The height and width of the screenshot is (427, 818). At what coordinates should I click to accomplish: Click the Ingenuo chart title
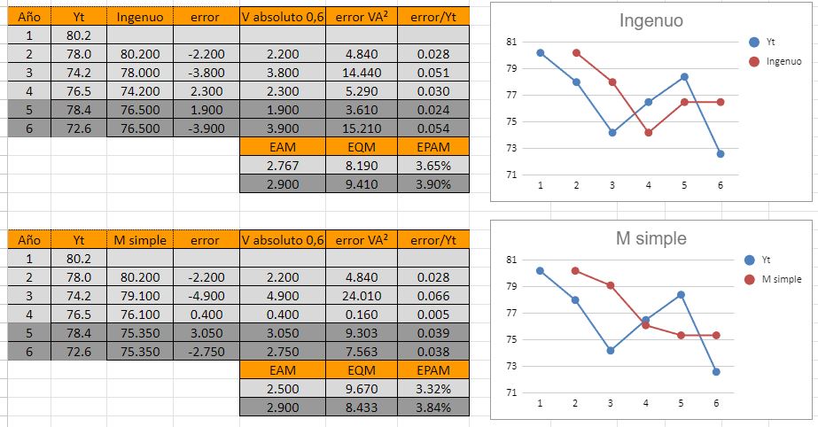[x=651, y=21]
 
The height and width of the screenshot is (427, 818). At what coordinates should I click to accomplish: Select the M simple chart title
[x=651, y=238]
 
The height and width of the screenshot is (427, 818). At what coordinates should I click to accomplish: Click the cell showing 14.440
[x=361, y=73]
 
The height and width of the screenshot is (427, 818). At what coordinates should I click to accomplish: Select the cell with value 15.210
[x=361, y=128]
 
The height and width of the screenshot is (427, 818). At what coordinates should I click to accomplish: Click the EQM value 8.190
[x=361, y=166]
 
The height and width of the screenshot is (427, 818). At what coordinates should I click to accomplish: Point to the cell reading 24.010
[x=361, y=295]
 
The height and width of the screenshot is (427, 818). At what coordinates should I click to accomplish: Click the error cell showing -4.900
[x=205, y=295]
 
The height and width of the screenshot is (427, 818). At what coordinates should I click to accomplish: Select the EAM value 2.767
[x=282, y=166]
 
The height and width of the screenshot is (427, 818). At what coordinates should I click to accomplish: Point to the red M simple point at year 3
[x=611, y=285]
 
